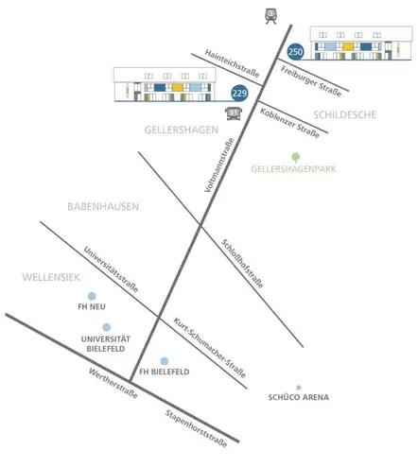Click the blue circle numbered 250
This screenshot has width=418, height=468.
coord(295,51)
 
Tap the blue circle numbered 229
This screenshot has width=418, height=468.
coord(239,93)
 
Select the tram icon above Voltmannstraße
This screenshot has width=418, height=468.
coord(270,16)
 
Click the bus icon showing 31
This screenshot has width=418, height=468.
coord(234,113)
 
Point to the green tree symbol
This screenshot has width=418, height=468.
coord(295,157)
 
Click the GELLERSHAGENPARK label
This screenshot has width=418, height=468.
coord(293,169)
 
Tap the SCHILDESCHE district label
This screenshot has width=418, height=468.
coord(345,114)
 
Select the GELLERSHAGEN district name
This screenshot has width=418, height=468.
coord(182,130)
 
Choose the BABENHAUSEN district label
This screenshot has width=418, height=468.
coord(103,206)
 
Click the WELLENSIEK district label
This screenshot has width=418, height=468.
coord(51,277)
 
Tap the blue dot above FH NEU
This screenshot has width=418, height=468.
coord(92,296)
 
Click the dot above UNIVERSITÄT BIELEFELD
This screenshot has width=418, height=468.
coord(107,327)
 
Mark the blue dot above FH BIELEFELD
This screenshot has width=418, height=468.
coord(165,361)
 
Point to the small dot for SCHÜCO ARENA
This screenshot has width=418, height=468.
coord(299,388)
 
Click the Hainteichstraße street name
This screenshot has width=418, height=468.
coord(232,63)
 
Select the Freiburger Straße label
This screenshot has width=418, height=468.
coord(311,81)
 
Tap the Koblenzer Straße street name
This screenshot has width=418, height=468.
coord(289,123)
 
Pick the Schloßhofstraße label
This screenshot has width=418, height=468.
coord(242,264)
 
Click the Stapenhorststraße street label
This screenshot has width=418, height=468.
coord(196,428)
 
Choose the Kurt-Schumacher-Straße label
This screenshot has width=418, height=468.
coord(210,348)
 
